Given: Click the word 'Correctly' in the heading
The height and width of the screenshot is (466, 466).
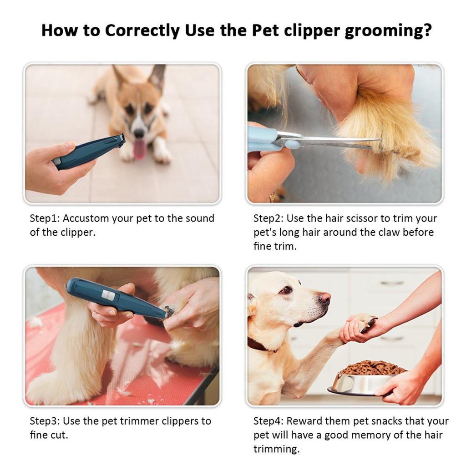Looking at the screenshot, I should click(142, 31).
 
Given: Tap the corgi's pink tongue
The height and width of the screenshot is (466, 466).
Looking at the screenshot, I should click(139, 149).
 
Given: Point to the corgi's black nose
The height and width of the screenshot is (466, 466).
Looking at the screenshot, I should click(139, 133).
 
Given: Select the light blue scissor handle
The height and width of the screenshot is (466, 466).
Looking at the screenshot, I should click(268, 139).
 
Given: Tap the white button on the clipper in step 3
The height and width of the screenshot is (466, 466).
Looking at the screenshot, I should click(108, 295).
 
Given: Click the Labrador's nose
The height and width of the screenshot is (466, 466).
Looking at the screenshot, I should click(324, 299).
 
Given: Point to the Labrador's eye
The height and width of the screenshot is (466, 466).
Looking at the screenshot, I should click(286, 290).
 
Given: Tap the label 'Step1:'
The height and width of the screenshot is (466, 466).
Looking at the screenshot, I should click(45, 218).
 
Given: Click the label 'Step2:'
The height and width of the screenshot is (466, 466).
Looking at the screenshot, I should click(268, 218).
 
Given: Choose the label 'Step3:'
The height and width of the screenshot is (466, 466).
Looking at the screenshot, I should click(45, 421).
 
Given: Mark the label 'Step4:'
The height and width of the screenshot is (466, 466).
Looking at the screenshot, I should click(268, 421).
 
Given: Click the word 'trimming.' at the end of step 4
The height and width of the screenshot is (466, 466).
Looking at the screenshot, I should click(276, 450).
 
